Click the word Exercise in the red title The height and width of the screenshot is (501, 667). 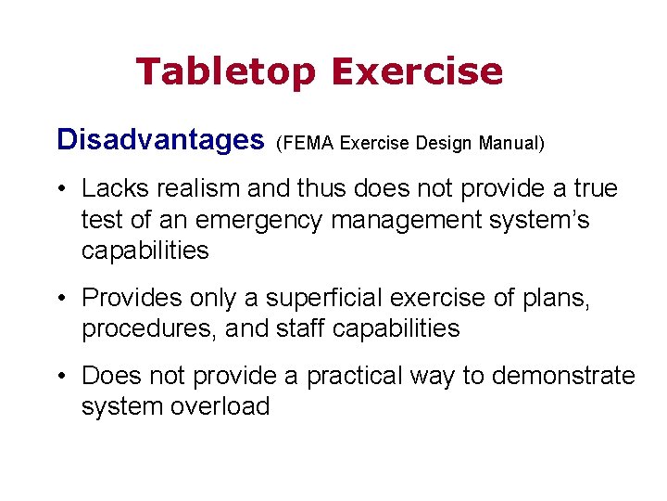pos(416,71)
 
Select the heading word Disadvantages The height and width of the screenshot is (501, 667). pos(160,140)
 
